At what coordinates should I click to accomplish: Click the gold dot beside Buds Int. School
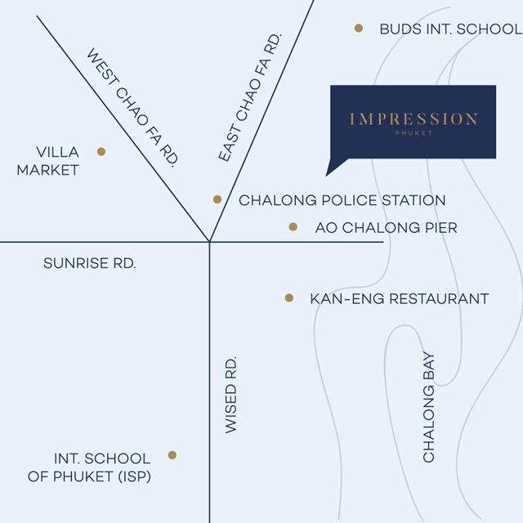(x=359, y=28)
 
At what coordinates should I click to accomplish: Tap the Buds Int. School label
(x=451, y=29)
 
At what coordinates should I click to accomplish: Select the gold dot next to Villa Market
(x=101, y=152)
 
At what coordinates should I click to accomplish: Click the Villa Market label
(x=47, y=161)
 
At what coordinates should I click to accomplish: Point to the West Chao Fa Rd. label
(x=132, y=107)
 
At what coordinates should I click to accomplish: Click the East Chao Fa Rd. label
(x=250, y=97)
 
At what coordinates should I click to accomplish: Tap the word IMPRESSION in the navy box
(x=413, y=119)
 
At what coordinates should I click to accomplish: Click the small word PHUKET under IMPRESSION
(x=413, y=133)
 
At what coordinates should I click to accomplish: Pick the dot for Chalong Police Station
(x=217, y=199)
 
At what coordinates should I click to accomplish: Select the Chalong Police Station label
(x=342, y=200)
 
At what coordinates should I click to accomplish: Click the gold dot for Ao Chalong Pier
(x=293, y=227)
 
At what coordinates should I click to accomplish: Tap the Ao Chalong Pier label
(x=387, y=228)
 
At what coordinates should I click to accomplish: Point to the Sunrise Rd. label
(x=90, y=263)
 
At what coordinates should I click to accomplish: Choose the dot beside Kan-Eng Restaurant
(x=289, y=297)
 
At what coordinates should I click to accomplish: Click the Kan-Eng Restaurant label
(x=400, y=299)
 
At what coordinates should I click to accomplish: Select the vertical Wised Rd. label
(x=230, y=395)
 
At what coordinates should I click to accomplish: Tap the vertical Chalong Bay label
(x=428, y=407)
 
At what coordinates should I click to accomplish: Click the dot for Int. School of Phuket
(x=172, y=455)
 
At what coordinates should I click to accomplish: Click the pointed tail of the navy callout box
(x=327, y=175)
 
